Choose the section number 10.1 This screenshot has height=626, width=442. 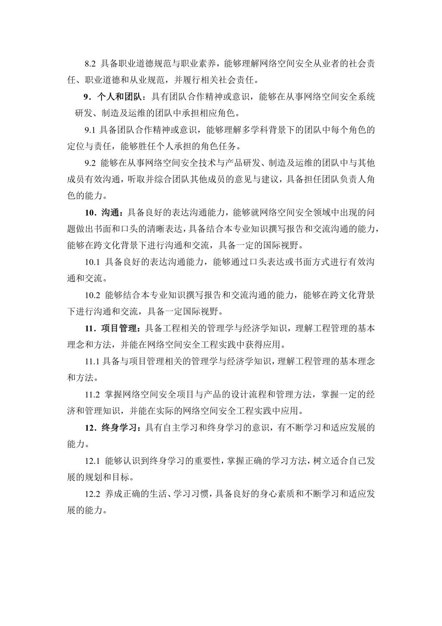click(92, 262)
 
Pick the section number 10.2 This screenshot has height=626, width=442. click(92, 295)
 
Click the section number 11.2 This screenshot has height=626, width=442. click(92, 394)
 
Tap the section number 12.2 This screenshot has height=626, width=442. click(92, 494)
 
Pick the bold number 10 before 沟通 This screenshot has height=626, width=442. click(89, 212)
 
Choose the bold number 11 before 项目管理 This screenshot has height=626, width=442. click(89, 329)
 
